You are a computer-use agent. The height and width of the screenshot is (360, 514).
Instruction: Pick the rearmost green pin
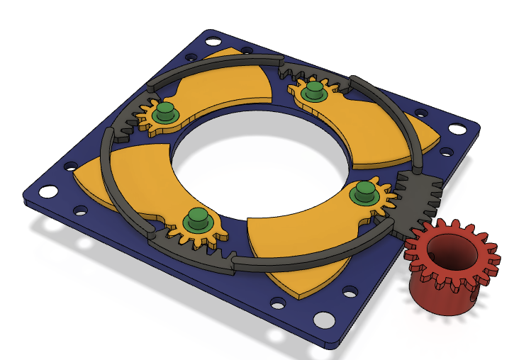[313, 91]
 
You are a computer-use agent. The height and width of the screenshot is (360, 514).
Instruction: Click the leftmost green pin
[166, 113]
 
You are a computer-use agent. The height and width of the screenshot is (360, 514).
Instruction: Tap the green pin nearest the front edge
[196, 220]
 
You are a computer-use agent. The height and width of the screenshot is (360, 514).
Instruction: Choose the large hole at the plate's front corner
[325, 320]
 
